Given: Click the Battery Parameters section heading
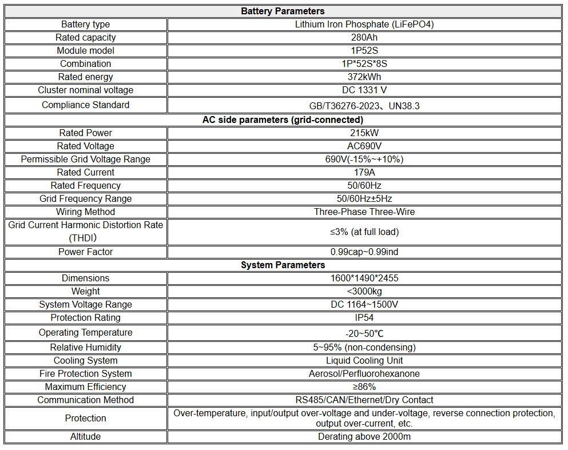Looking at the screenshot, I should pos(283,11).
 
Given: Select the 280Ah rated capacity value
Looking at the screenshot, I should pos(364,38).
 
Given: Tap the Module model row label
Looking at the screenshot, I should pos(86,51).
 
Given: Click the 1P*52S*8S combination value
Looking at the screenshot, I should pos(364,64).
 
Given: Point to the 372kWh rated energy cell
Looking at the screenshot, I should pos(364,77).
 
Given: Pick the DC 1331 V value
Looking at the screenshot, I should pos(364,90).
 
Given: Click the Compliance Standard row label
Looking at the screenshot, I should pos(86,105).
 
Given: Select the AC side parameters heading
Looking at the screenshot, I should pos(283,120).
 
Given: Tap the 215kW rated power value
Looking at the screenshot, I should pos(364,133).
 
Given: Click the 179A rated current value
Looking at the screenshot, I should pos(364,173).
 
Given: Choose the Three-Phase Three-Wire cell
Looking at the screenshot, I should pos(364,212).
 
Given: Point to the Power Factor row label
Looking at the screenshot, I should pos(86,252).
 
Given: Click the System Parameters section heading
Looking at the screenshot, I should pos(283,265).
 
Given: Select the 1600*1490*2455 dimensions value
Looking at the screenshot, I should pos(364,278).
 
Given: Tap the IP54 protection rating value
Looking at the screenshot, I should pos(364,318).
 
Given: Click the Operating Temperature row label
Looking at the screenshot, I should pos(86,333).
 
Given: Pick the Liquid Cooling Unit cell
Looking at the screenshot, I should pos(364,361).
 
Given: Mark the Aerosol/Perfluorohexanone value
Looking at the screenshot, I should pos(364,374).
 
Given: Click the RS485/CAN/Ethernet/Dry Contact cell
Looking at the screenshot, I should pos(364,400).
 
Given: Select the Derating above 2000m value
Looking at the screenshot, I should pos(364,437).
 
